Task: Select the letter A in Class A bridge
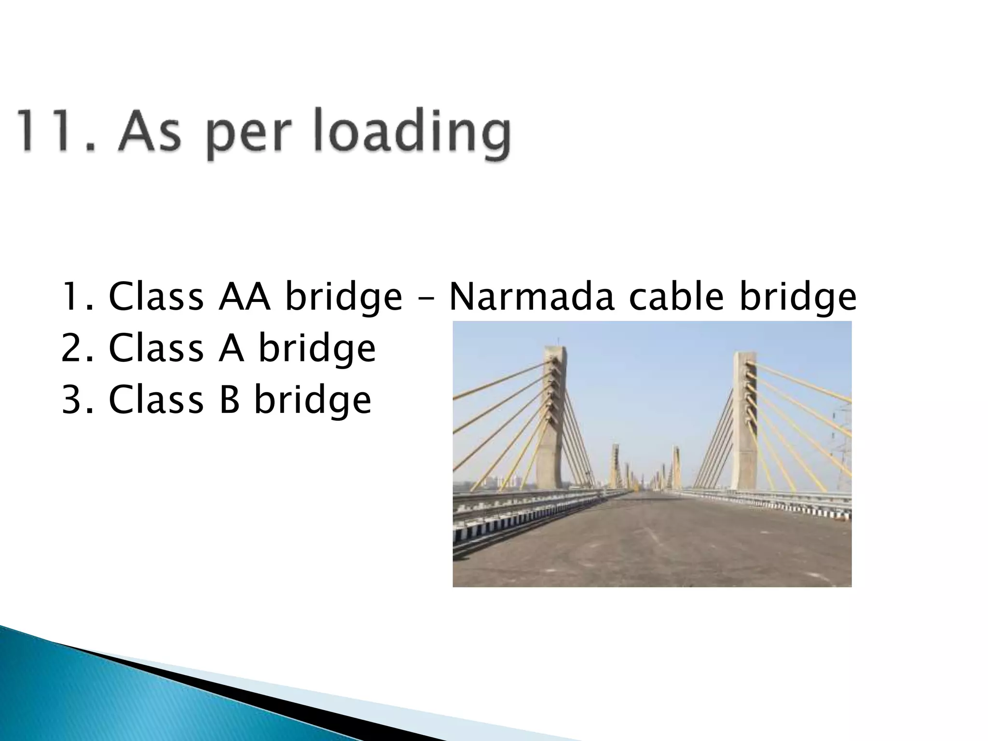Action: coord(231,348)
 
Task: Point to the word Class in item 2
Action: coord(156,348)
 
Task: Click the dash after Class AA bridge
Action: coord(425,298)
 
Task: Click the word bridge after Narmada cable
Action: coord(798,298)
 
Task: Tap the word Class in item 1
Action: coord(156,297)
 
